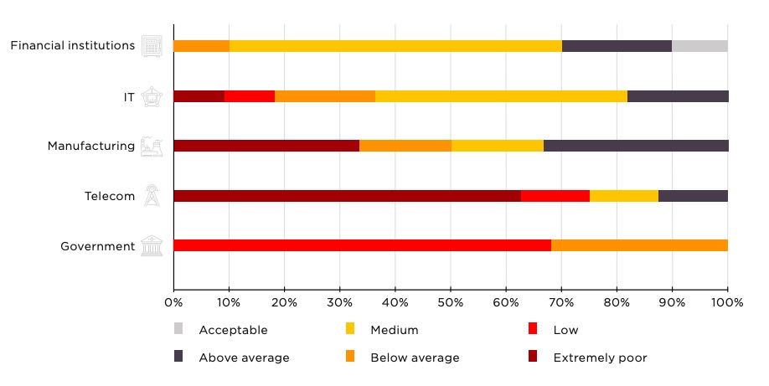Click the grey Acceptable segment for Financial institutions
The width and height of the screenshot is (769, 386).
(699, 45)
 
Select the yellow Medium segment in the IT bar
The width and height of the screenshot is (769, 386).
(501, 95)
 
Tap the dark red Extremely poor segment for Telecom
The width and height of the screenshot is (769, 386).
(347, 196)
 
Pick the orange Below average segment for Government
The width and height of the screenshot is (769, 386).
(639, 245)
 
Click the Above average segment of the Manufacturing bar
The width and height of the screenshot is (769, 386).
(636, 146)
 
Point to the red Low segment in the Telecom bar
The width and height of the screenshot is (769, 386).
(555, 196)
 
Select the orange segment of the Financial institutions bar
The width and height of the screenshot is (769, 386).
(201, 45)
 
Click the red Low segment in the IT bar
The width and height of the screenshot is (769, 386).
(250, 95)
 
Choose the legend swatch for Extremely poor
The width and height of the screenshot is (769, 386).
(532, 358)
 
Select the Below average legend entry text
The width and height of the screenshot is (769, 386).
(415, 358)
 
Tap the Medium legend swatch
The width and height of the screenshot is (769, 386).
(350, 329)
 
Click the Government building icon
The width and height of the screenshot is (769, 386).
(152, 246)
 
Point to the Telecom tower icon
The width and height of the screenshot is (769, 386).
(152, 196)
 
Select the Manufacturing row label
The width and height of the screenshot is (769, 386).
(90, 146)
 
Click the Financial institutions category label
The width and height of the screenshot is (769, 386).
(72, 45)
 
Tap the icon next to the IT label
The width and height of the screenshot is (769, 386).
(152, 95)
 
